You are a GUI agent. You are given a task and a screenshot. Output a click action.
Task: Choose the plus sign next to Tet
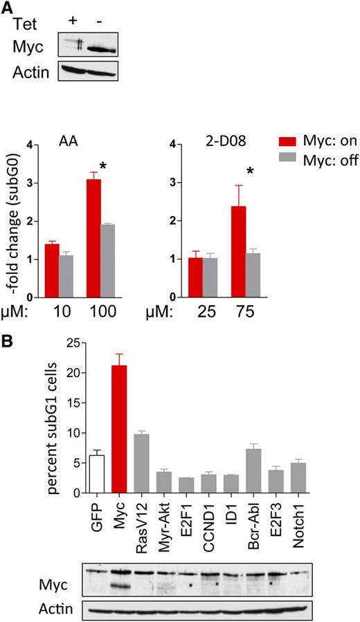pos(73,19)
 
